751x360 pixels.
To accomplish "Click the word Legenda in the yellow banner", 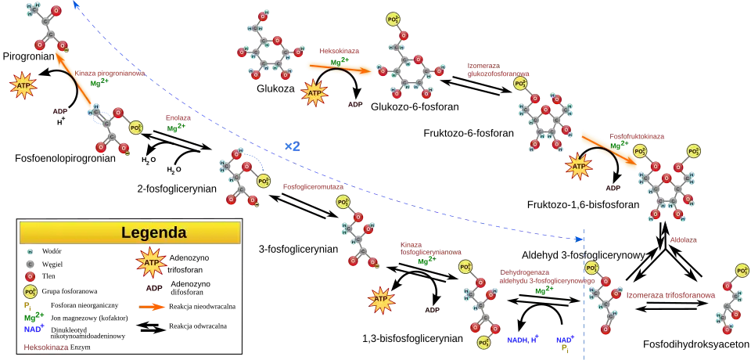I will (x=154, y=232).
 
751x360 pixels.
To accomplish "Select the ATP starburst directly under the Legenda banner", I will (x=151, y=264).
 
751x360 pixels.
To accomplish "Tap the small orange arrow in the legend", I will (x=153, y=307).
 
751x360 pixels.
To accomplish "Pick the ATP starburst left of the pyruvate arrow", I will (x=23, y=85).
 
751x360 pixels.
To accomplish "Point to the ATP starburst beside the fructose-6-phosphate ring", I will (x=579, y=166).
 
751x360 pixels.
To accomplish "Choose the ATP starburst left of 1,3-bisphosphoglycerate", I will (x=381, y=300).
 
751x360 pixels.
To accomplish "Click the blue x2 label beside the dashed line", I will (x=292, y=146).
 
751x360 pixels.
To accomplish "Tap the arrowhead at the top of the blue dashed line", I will (x=76, y=5).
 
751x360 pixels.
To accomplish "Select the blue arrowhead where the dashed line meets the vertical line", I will (x=580, y=237).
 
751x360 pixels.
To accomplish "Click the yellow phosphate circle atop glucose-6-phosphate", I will (x=393, y=19).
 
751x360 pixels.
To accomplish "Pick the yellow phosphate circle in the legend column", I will (x=31, y=292).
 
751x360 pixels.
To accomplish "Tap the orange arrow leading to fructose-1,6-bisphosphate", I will (x=606, y=148).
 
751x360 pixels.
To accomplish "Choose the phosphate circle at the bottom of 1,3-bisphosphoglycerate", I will (x=484, y=343).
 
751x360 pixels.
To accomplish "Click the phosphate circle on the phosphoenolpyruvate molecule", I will (x=135, y=128).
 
